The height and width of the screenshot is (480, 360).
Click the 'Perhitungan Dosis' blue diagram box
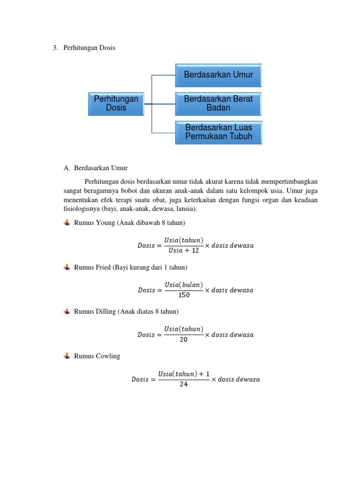click(x=116, y=104)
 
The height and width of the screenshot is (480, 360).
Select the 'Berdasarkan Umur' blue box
click(x=218, y=75)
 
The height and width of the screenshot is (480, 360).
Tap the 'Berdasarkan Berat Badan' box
click(x=218, y=104)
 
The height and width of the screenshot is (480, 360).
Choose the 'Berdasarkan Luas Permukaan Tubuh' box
click(x=218, y=132)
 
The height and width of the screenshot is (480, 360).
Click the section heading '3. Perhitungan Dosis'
click(x=84, y=48)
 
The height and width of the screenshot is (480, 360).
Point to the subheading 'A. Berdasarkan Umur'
click(x=96, y=167)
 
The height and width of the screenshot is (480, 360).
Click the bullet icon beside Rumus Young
click(x=66, y=223)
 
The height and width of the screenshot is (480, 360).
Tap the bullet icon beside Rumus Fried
click(x=66, y=267)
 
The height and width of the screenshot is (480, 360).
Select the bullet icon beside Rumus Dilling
click(x=66, y=311)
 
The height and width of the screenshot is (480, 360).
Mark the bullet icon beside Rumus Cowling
click(x=66, y=356)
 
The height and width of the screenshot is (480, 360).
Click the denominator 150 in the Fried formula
click(x=184, y=295)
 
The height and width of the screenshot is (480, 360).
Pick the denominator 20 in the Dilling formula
click(x=184, y=340)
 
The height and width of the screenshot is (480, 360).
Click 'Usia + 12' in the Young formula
click(x=183, y=251)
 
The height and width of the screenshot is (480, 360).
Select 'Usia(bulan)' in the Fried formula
click(x=184, y=285)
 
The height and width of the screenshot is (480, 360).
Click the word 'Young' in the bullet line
click(x=105, y=223)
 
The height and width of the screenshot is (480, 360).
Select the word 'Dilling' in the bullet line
click(x=106, y=311)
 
